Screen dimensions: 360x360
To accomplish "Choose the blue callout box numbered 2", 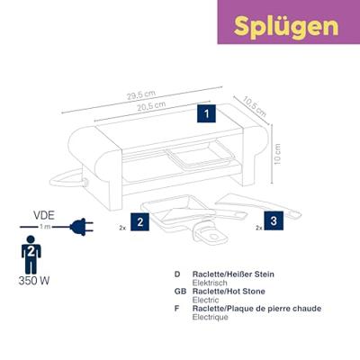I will (x=139, y=220).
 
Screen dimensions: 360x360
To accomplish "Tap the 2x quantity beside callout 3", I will (x=258, y=229).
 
